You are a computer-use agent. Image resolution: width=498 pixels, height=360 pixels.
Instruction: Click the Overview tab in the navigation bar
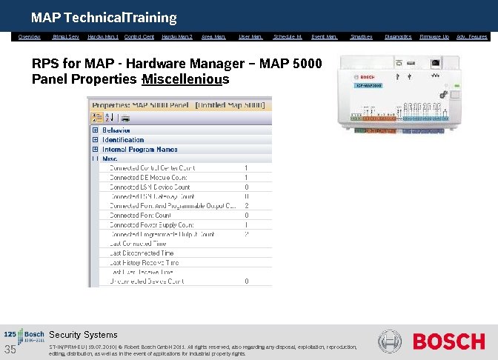(30, 36)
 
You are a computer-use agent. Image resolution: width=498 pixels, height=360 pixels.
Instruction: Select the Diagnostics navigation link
(398, 36)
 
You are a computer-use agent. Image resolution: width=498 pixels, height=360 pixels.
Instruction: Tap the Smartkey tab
(362, 36)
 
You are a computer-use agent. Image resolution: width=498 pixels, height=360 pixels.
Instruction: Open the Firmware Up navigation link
(434, 36)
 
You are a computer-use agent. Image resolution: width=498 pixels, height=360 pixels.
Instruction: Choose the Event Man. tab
(324, 36)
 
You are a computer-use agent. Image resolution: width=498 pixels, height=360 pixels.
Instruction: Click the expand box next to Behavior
(95, 130)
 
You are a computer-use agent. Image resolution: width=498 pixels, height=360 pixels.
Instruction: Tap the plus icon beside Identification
(95, 140)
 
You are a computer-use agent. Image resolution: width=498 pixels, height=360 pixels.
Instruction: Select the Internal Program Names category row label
(139, 149)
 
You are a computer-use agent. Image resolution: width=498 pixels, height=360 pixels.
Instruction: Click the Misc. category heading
(110, 159)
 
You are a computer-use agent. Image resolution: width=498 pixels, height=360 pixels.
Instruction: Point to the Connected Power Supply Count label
(151, 224)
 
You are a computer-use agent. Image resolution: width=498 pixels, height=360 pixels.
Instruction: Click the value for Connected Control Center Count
(246, 168)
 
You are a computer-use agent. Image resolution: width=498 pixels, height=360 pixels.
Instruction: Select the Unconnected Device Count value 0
(246, 281)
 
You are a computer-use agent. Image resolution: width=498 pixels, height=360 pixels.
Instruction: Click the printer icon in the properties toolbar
(126, 119)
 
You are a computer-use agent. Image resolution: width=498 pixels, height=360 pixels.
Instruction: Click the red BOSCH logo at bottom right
(449, 341)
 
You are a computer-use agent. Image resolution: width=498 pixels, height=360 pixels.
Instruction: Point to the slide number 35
(11, 350)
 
